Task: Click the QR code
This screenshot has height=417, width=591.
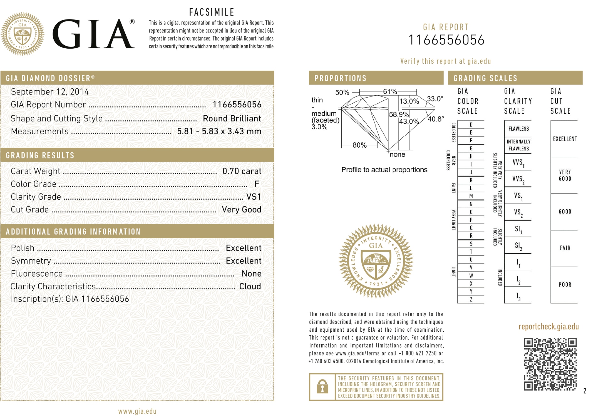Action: [x=550, y=364]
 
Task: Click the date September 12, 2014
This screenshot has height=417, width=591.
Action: [x=50, y=92]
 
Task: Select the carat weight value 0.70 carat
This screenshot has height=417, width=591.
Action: [x=242, y=171]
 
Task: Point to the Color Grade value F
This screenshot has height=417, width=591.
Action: [x=257, y=184]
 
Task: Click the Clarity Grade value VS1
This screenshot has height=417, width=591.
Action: [x=254, y=197]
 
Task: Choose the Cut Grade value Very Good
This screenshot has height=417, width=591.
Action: [x=241, y=210]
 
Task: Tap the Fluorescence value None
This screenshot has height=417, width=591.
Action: [x=251, y=274]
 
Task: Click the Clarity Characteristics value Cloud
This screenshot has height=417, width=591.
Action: [x=250, y=286]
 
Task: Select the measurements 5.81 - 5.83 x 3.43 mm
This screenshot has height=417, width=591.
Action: [x=219, y=131]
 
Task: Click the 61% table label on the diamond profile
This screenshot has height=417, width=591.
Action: [x=390, y=91]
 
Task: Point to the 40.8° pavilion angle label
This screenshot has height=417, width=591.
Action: [x=436, y=119]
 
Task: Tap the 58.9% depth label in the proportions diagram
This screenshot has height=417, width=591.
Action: [x=399, y=114]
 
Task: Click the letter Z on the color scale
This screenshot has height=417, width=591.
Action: [x=471, y=299]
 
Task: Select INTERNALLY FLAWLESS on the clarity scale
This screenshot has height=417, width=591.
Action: [x=518, y=145]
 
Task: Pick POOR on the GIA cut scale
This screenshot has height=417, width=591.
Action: [x=565, y=285]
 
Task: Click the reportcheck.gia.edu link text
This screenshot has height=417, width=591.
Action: [x=548, y=327]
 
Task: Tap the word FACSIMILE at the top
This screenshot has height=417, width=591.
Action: [x=212, y=12]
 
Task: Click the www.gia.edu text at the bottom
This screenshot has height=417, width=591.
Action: [x=137, y=411]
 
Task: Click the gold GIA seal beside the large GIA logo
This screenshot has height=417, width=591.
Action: [x=23, y=34]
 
